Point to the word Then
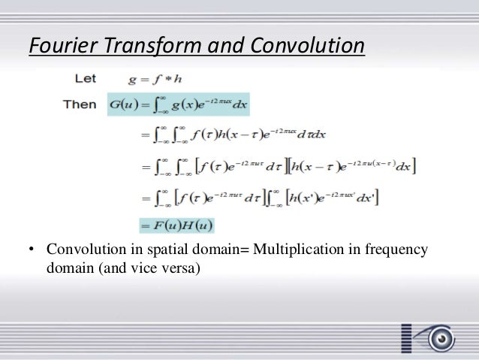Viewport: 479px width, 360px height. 79,104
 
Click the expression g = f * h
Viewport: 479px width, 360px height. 152,77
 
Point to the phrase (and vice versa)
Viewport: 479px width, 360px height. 148,267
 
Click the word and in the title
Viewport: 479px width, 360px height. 229,47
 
